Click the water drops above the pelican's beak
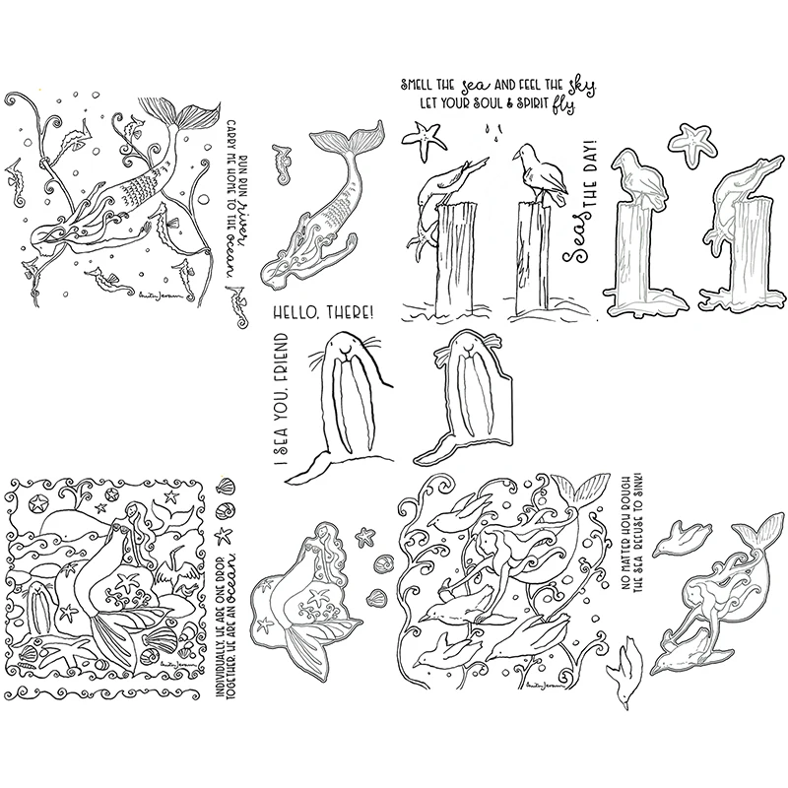pos(490,129)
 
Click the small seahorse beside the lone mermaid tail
pos(285,157)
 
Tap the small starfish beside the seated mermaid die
pos(366,536)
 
